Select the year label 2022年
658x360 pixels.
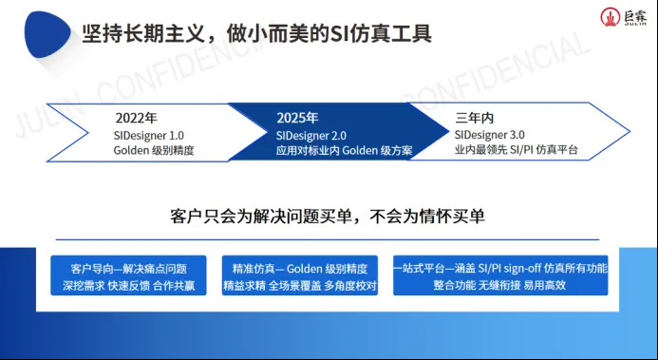point(136,119)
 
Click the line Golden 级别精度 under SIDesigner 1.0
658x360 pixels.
point(154,150)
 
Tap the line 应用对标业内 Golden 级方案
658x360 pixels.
point(329,151)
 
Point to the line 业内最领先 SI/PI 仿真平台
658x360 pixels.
point(516,150)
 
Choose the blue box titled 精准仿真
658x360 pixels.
point(299,275)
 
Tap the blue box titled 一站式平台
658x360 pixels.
point(499,275)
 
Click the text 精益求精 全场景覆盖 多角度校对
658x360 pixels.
point(299,284)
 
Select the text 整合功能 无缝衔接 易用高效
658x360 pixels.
point(499,284)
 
